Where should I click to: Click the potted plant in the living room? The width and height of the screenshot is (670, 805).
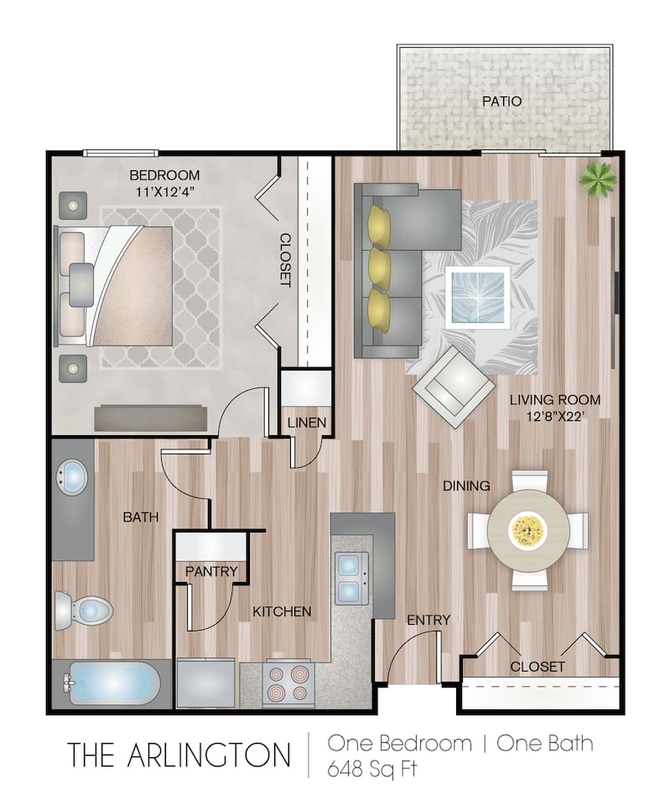(x=598, y=177)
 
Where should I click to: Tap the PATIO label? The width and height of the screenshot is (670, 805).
(x=501, y=101)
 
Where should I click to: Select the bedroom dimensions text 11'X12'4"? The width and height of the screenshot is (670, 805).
(x=164, y=191)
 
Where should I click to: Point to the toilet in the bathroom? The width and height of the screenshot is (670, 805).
(x=83, y=610)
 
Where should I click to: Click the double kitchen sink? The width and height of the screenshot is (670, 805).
(x=351, y=579)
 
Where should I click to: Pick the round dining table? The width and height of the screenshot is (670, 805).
(x=528, y=529)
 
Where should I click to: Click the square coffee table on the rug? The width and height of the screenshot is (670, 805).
(x=478, y=295)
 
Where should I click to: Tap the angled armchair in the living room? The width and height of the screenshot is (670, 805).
(x=453, y=386)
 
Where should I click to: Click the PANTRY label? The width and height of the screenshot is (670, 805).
(x=211, y=572)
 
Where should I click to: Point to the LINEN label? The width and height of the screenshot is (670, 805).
(x=306, y=422)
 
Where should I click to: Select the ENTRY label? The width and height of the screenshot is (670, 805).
(x=428, y=621)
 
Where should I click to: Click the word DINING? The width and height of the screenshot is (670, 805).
(x=467, y=486)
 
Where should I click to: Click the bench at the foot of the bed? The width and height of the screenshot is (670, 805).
(x=151, y=417)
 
